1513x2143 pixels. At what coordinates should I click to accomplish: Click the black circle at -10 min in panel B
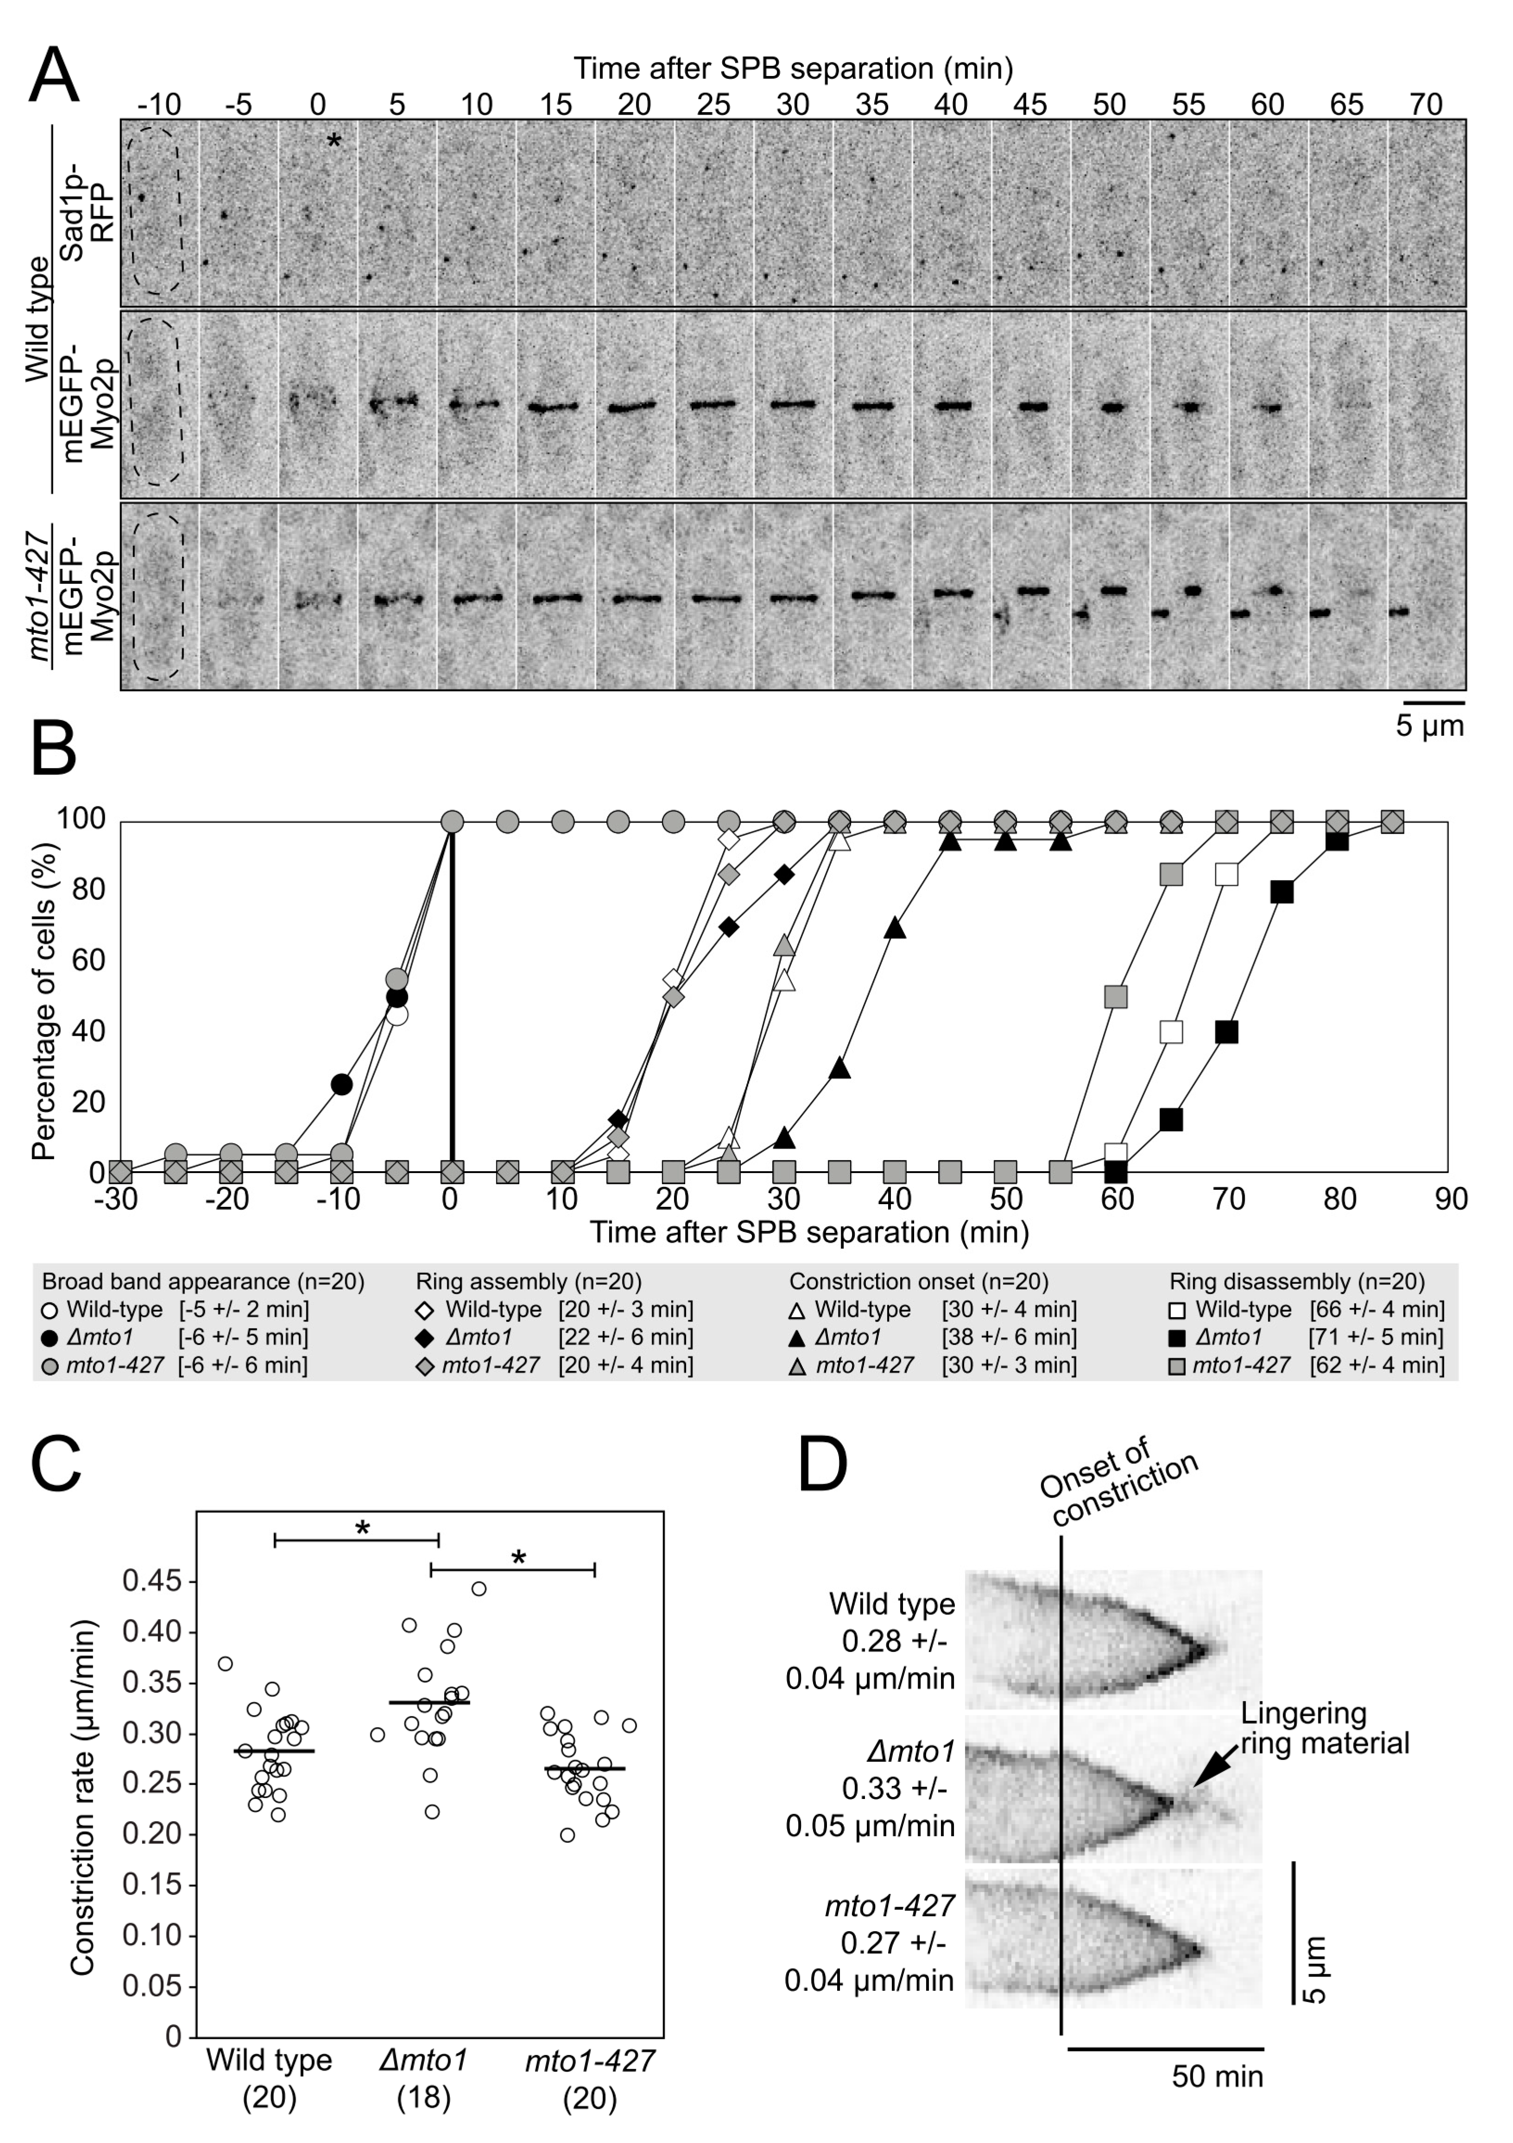(x=342, y=1084)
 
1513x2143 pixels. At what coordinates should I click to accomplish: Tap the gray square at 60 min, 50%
(x=1116, y=997)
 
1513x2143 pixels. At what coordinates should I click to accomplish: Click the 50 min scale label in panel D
(x=1217, y=2077)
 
